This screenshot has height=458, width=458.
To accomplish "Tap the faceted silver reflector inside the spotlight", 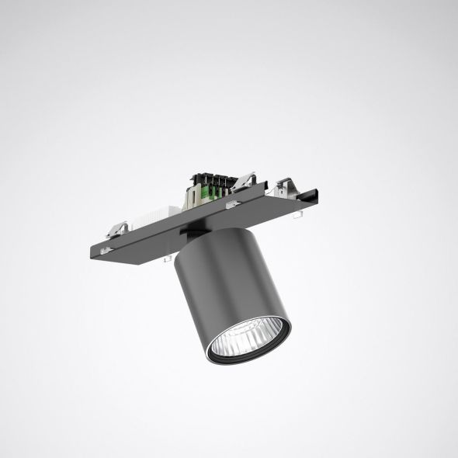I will point(248,338).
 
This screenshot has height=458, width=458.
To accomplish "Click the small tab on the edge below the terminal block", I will point(230,206).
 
